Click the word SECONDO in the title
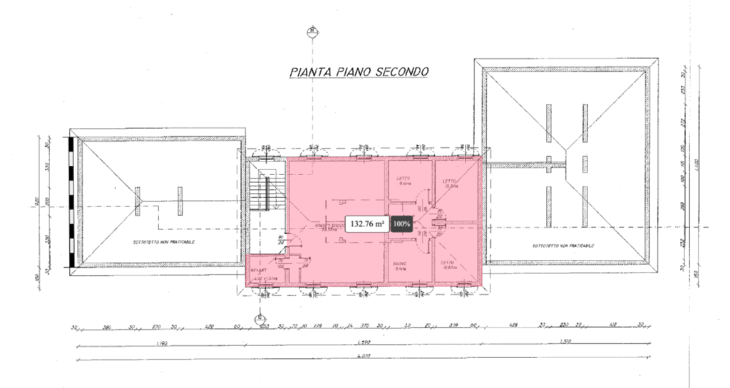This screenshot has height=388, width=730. point(396,72)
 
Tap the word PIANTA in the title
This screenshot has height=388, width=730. point(310,72)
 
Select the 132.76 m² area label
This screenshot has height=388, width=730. point(367,224)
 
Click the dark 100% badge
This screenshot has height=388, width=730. point(403,224)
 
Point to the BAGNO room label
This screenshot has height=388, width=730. point(400,264)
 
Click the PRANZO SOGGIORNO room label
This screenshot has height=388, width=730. point(329,225)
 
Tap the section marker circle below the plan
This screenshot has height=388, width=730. point(260,318)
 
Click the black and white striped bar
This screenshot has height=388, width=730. point(71,202)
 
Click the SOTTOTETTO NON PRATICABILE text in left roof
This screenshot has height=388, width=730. point(164,242)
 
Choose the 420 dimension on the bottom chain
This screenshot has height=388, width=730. point(210,327)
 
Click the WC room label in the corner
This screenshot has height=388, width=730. point(258,271)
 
